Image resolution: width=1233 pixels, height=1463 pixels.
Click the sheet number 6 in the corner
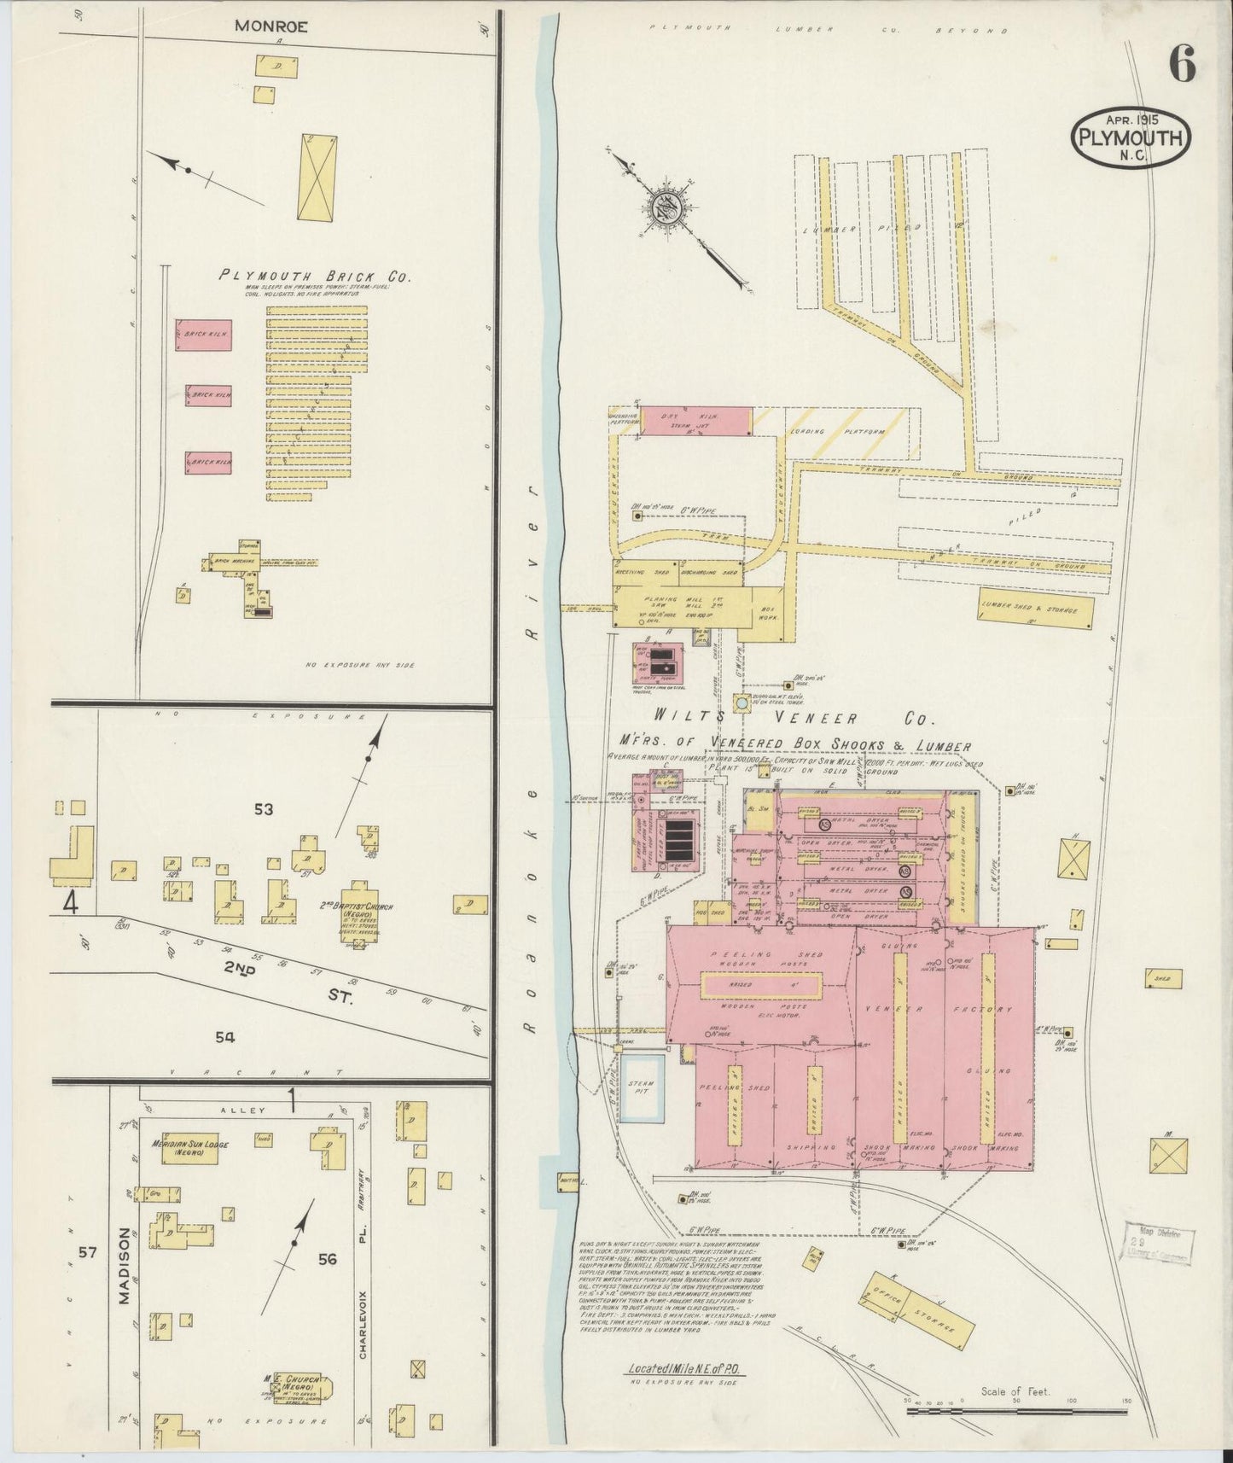click(1182, 64)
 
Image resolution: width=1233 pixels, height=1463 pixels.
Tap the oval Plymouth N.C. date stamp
click(1131, 136)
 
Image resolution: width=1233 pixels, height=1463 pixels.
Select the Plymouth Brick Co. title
click(315, 276)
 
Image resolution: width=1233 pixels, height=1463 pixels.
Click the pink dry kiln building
click(696, 420)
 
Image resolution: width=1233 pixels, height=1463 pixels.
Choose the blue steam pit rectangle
click(641, 1088)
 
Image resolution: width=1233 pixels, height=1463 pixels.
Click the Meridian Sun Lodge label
click(189, 1147)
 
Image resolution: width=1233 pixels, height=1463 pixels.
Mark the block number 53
click(263, 809)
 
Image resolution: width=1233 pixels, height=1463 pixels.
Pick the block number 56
click(328, 1258)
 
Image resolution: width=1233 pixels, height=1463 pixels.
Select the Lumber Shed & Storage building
click(1036, 609)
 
